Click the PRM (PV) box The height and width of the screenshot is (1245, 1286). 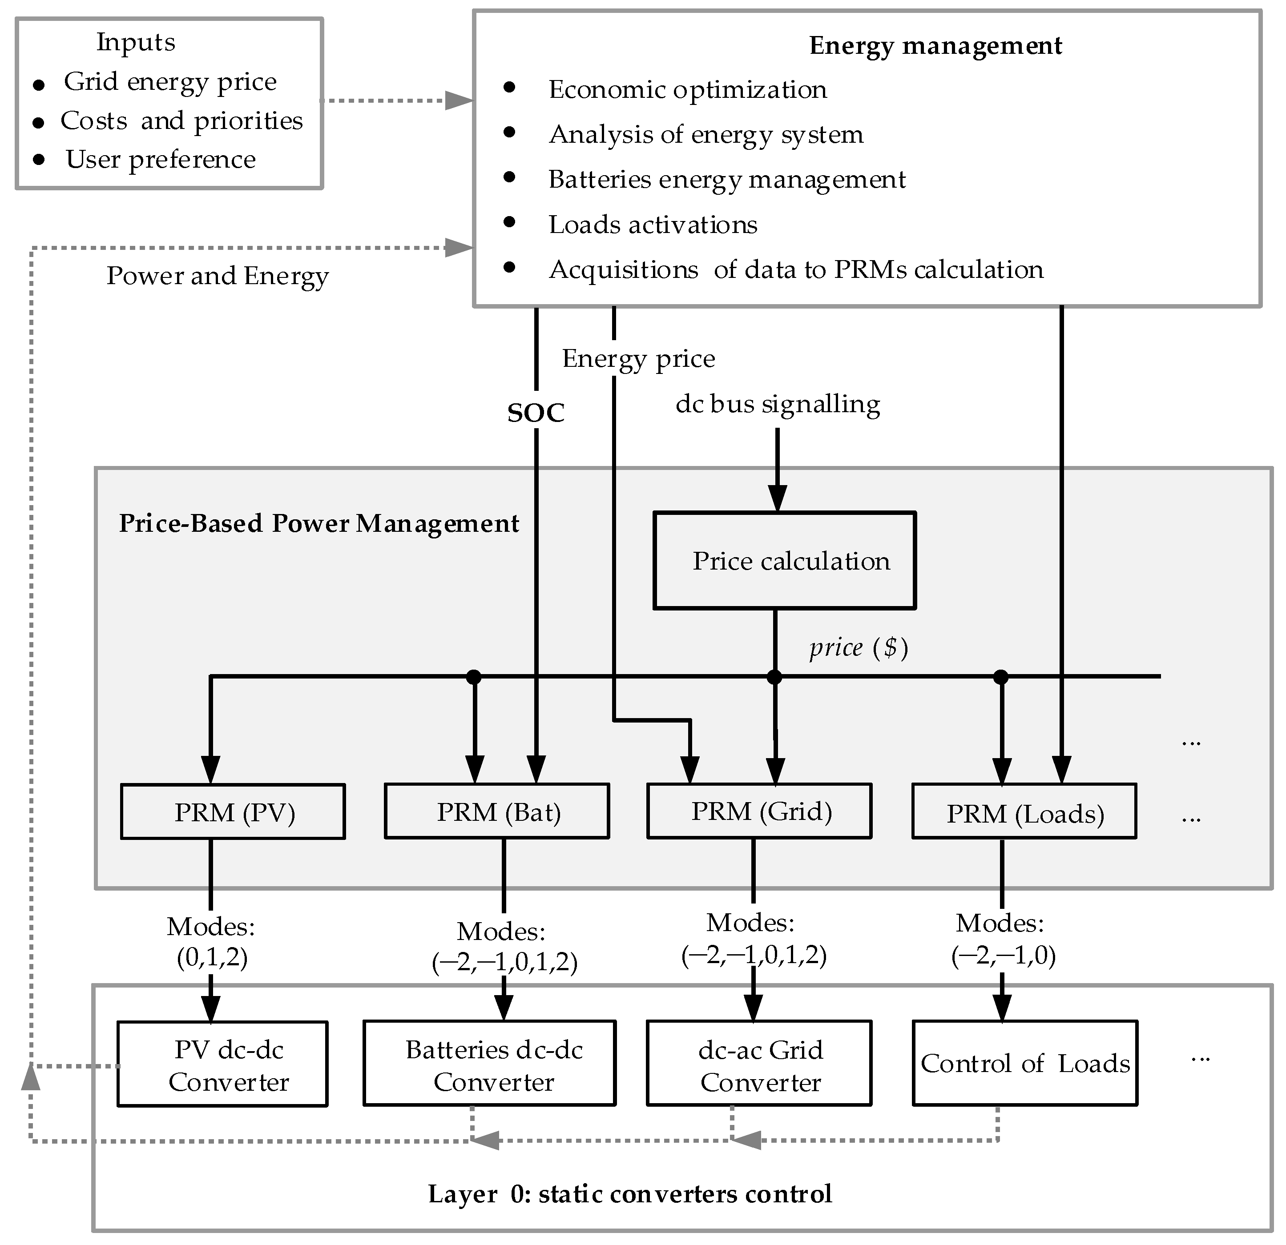click(233, 812)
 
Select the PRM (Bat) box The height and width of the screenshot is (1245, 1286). click(497, 811)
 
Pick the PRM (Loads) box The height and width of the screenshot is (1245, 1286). click(1024, 812)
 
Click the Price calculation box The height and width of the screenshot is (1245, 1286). click(784, 561)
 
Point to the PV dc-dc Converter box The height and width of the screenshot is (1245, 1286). click(222, 1064)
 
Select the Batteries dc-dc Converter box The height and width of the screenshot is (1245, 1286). click(489, 1064)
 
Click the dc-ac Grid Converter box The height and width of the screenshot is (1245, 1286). click(759, 1064)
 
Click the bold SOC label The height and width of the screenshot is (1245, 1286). click(536, 413)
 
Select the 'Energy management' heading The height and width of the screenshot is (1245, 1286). click(935, 45)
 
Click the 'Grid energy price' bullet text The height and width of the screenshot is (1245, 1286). click(170, 81)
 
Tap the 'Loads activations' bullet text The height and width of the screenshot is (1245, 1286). click(653, 225)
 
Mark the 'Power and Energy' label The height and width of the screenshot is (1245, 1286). click(217, 276)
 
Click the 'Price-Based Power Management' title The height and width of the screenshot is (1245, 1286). click(319, 523)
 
